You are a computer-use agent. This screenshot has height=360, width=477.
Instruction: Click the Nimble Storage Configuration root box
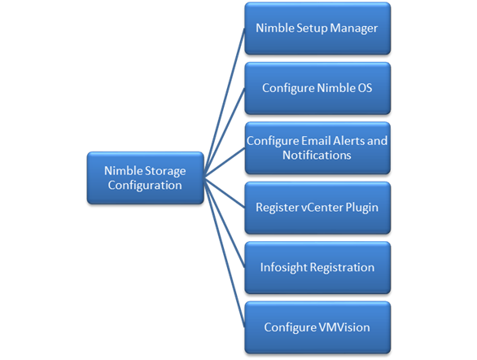(146, 178)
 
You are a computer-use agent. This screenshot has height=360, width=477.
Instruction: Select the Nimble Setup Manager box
(317, 29)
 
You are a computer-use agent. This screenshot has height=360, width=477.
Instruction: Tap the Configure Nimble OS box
(317, 88)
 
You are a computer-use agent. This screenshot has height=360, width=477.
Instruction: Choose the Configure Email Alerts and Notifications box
(317, 148)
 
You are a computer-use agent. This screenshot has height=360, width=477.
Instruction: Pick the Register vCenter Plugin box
(317, 208)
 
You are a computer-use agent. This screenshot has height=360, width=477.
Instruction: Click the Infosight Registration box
(317, 268)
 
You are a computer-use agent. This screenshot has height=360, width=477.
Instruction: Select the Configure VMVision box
(317, 327)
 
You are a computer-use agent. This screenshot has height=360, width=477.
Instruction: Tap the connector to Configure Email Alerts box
(225, 163)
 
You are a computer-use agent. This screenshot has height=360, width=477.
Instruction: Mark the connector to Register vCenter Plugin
(225, 193)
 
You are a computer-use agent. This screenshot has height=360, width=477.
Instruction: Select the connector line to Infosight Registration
(225, 223)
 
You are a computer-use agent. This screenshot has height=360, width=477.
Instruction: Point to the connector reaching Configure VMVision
(225, 252)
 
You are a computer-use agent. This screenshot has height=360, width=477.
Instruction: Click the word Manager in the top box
(354, 29)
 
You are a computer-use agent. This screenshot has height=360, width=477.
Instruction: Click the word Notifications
(317, 156)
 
